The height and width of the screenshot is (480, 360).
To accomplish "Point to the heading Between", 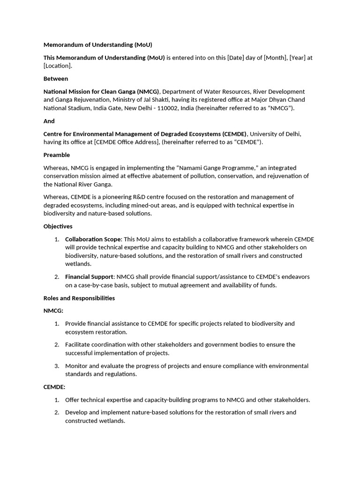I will pyautogui.click(x=56, y=79).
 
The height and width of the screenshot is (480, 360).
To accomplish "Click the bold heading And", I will pyautogui.click(x=49, y=121).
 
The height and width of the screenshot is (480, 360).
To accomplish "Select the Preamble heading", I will pyautogui.click(x=57, y=155).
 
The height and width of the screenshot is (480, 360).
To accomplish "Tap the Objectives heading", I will pyautogui.click(x=58, y=226).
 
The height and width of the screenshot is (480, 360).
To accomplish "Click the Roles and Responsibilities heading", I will pyautogui.click(x=79, y=298).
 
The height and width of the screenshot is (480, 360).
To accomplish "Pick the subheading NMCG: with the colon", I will pyautogui.click(x=53, y=311).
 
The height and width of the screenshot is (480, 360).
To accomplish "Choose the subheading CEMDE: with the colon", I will pyautogui.click(x=54, y=387).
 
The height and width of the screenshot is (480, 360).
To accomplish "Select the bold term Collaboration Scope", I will pyautogui.click(x=93, y=240).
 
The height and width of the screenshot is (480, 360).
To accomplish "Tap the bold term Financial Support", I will pyautogui.click(x=89, y=277).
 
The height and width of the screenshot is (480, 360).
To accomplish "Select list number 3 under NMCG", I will pyautogui.click(x=57, y=366).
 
